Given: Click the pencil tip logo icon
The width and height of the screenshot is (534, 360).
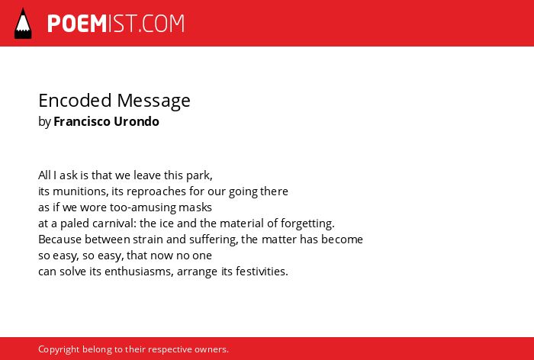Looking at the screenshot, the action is [23, 23].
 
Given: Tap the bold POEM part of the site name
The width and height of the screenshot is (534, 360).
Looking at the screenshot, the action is [77, 24].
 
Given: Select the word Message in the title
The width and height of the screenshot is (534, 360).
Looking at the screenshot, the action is [153, 101].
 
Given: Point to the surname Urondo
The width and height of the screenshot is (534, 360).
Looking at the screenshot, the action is [137, 121].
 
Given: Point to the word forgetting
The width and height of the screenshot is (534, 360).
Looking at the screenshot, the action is [307, 224].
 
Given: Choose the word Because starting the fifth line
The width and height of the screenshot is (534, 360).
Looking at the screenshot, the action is [60, 239].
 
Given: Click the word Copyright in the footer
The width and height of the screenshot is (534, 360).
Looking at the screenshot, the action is [59, 350].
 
